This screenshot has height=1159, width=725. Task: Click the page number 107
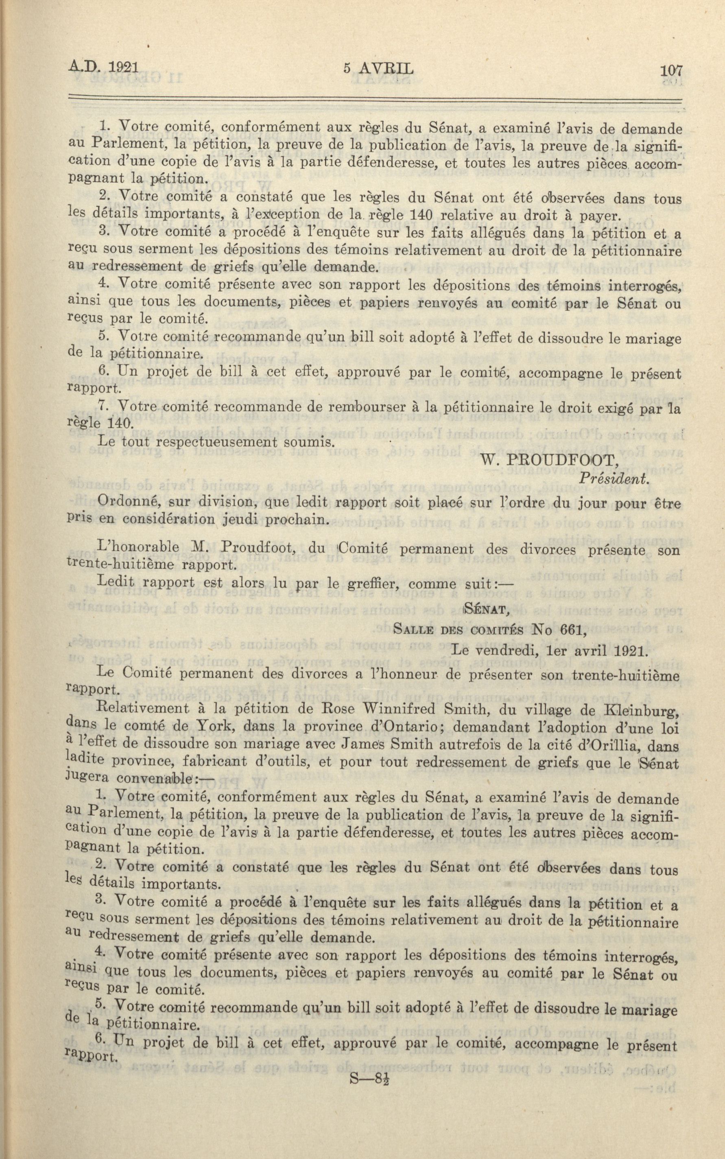tap(670, 71)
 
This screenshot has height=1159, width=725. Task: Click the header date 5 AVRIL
tap(378, 69)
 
